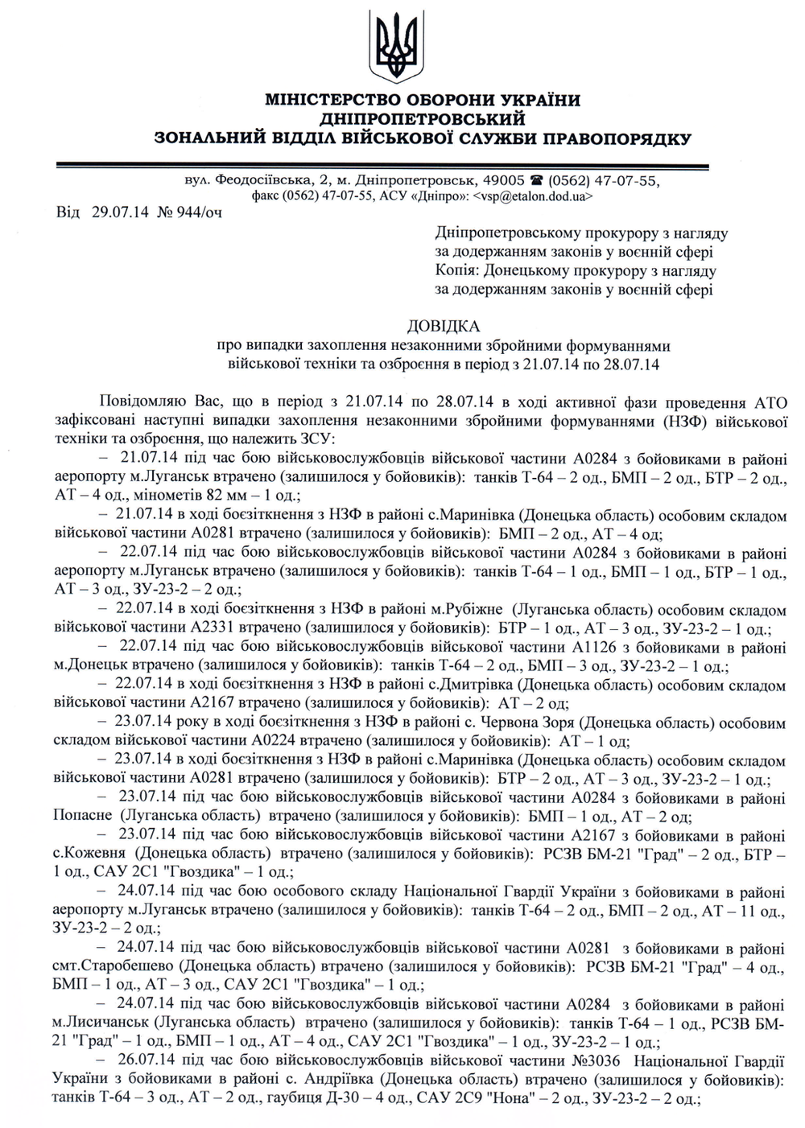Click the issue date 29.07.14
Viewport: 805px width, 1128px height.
click(x=116, y=212)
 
